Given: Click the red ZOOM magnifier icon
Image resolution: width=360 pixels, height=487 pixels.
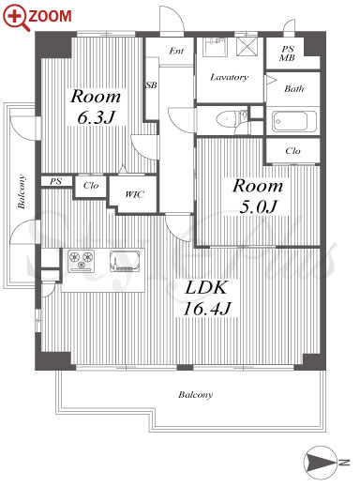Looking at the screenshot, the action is [17, 18].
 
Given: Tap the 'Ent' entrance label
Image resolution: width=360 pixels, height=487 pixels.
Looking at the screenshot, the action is [176, 51].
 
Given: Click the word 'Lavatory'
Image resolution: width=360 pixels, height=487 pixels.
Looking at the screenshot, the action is [229, 77].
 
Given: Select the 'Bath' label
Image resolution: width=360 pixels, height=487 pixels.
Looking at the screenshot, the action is [293, 89].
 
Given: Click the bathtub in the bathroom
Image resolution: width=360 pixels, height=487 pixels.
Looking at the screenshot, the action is [293, 121].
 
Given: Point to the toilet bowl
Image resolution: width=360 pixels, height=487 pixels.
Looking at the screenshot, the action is [226, 119].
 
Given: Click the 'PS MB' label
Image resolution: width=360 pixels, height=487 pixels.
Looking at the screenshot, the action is [288, 53].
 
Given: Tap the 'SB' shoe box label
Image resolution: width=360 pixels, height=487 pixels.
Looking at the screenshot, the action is [152, 84].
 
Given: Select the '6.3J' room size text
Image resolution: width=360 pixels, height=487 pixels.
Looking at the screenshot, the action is [96, 118].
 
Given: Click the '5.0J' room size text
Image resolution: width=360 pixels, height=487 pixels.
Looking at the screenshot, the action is [258, 207].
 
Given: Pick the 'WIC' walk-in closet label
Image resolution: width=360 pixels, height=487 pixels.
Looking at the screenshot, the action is [134, 194].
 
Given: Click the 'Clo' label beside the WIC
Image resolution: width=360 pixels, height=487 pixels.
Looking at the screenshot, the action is [91, 186].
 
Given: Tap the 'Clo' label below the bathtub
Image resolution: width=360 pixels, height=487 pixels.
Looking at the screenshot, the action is [292, 151].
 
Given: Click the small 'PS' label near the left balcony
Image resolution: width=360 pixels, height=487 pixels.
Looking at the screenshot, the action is [55, 181].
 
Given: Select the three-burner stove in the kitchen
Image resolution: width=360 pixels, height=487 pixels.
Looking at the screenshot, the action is [82, 260].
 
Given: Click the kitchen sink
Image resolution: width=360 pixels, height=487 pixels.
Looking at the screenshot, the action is [125, 261].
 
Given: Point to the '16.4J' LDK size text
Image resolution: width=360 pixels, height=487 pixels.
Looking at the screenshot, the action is [207, 309].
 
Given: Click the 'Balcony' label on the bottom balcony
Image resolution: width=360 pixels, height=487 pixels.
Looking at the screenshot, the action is [196, 395].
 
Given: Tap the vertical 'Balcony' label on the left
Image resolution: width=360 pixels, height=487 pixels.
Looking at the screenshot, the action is [22, 191].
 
